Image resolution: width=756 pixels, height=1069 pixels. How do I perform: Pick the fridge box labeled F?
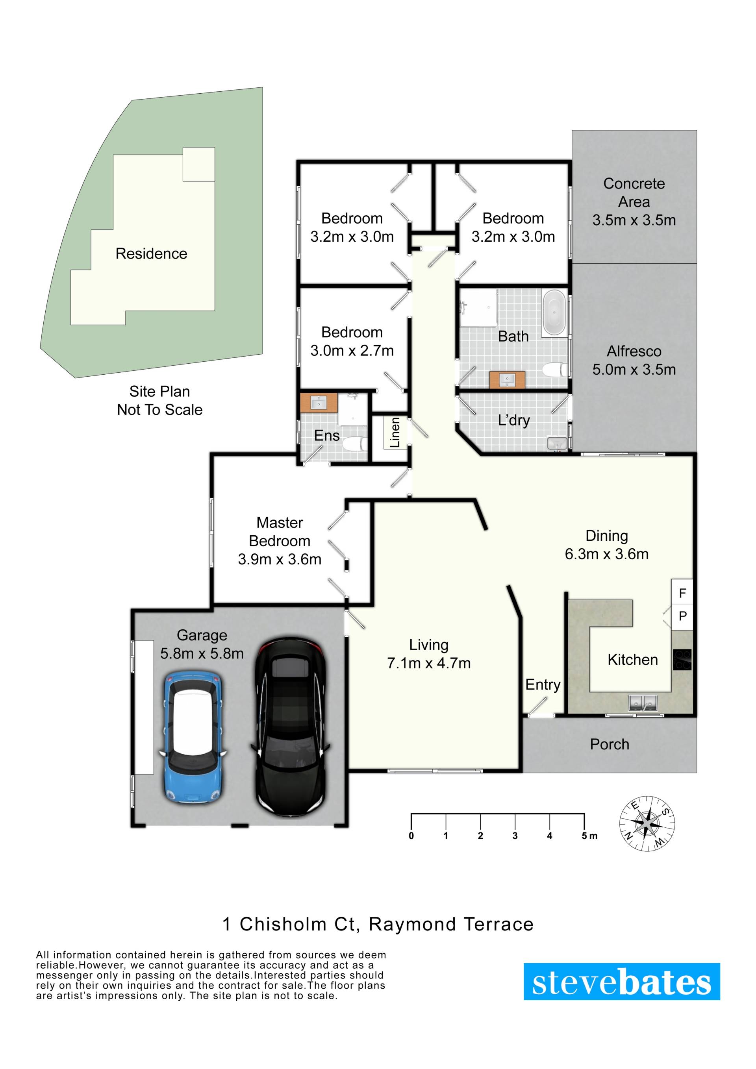[682, 593]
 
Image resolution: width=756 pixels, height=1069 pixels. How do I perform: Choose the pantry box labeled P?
[682, 616]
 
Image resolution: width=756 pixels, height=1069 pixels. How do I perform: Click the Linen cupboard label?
[395, 433]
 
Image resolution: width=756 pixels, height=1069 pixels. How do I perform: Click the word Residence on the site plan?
[151, 253]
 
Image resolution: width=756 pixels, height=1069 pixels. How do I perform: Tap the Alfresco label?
[634, 351]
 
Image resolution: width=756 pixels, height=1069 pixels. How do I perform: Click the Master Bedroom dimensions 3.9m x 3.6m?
[280, 559]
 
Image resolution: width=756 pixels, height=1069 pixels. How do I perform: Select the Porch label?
[609, 745]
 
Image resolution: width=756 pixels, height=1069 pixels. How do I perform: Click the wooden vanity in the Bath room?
[507, 380]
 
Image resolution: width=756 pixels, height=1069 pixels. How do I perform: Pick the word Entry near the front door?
[543, 685]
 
